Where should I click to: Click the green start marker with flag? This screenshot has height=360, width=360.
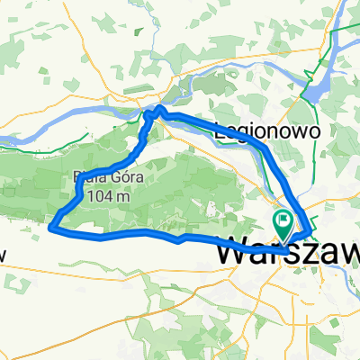283,221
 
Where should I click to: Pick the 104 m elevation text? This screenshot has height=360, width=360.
106,192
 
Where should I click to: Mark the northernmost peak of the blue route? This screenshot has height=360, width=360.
159,107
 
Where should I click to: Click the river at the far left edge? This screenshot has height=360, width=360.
7,139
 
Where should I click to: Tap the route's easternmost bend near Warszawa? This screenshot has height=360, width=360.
311,235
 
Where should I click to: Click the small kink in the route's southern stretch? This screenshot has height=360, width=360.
182,240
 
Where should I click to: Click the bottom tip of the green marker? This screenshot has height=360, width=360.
283,239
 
